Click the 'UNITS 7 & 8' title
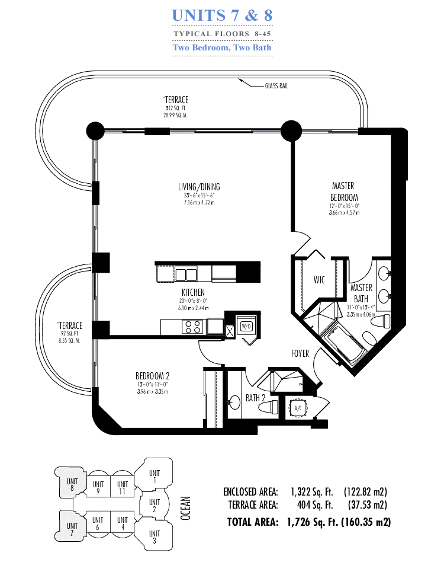(x=222, y=15)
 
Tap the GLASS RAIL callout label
(x=276, y=86)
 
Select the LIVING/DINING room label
(x=199, y=187)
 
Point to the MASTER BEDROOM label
(x=343, y=191)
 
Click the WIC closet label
(x=319, y=280)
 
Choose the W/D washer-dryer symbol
(x=246, y=326)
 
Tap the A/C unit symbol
(x=298, y=408)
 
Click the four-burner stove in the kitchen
(x=192, y=327)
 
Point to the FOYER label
(x=300, y=353)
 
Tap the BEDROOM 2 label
(x=152, y=376)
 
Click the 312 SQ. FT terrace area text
(x=175, y=108)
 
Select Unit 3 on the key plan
(x=155, y=537)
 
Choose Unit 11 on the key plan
(x=123, y=488)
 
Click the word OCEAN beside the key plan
(x=186, y=508)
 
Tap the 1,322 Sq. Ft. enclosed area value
(x=312, y=492)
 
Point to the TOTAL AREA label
(x=253, y=522)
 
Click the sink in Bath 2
(x=234, y=402)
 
